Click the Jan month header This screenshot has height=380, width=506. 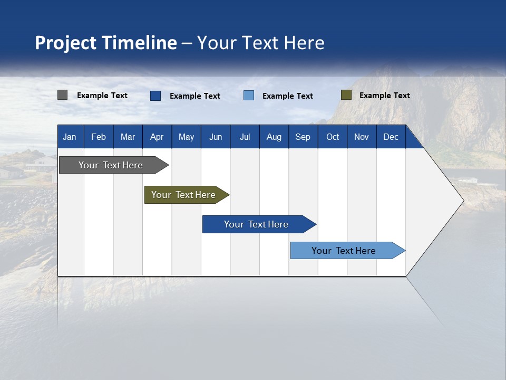[x=70, y=137]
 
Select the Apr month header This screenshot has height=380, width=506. [x=157, y=137]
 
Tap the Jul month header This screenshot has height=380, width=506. [x=245, y=137]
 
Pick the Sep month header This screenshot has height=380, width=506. [x=303, y=137]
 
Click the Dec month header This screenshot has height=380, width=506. [x=391, y=137]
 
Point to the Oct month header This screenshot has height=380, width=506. [x=333, y=137]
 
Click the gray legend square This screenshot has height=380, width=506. [x=62, y=95]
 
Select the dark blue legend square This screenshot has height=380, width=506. [x=155, y=96]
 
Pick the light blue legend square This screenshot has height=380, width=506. [x=249, y=96]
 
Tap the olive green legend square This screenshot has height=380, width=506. [x=346, y=95]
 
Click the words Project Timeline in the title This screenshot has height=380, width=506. [x=105, y=43]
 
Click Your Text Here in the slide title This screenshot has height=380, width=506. [x=260, y=43]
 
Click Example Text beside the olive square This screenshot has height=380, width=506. [x=384, y=96]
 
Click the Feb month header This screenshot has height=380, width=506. [x=99, y=137]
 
